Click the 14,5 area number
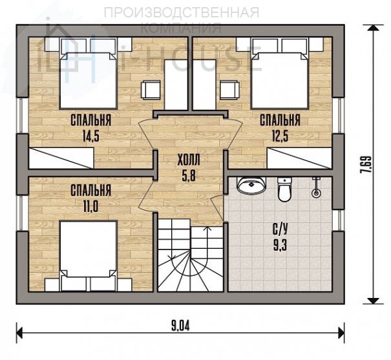tap(91, 136)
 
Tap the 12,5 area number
tap(280, 136)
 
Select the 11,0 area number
tap(90, 206)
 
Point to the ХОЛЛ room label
tap(189, 160)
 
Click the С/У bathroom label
tap(280, 229)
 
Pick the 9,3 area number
tap(280, 246)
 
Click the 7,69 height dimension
tap(367, 165)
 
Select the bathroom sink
tap(251, 185)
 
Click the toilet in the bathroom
tap(284, 189)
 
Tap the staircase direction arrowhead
tap(206, 229)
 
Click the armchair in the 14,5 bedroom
tap(151, 90)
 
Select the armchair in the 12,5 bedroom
tap(229, 90)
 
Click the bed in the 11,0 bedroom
tap(89, 256)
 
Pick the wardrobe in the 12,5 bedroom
tap(299, 158)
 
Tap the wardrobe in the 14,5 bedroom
tap(61, 158)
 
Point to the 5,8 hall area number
tap(189, 176)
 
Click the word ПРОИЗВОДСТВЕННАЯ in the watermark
tap(182, 12)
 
